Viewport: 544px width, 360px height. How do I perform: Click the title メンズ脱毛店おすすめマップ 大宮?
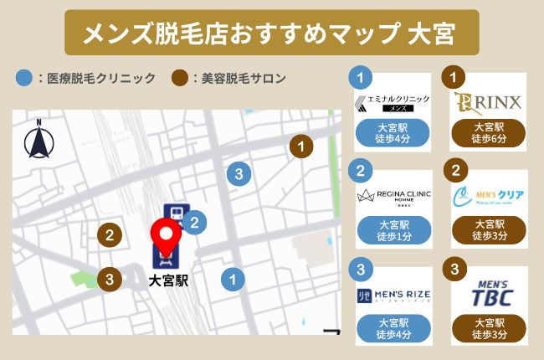271,33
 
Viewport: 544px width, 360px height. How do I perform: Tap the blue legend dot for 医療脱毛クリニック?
23,79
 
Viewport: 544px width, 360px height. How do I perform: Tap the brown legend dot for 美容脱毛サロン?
178,79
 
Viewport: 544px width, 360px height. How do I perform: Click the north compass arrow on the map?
38,141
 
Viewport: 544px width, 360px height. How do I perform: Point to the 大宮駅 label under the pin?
167,281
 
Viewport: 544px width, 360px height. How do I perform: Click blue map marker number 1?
233,279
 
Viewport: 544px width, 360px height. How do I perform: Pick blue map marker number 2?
194,222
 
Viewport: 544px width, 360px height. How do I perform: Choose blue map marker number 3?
239,174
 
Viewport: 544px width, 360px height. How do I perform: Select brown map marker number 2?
108,235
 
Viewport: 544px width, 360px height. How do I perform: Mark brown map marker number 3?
108,279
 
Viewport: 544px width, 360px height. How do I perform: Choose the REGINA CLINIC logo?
393,197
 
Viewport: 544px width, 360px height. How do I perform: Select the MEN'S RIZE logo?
393,292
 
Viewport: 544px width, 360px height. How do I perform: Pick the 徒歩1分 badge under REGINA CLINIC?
393,230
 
